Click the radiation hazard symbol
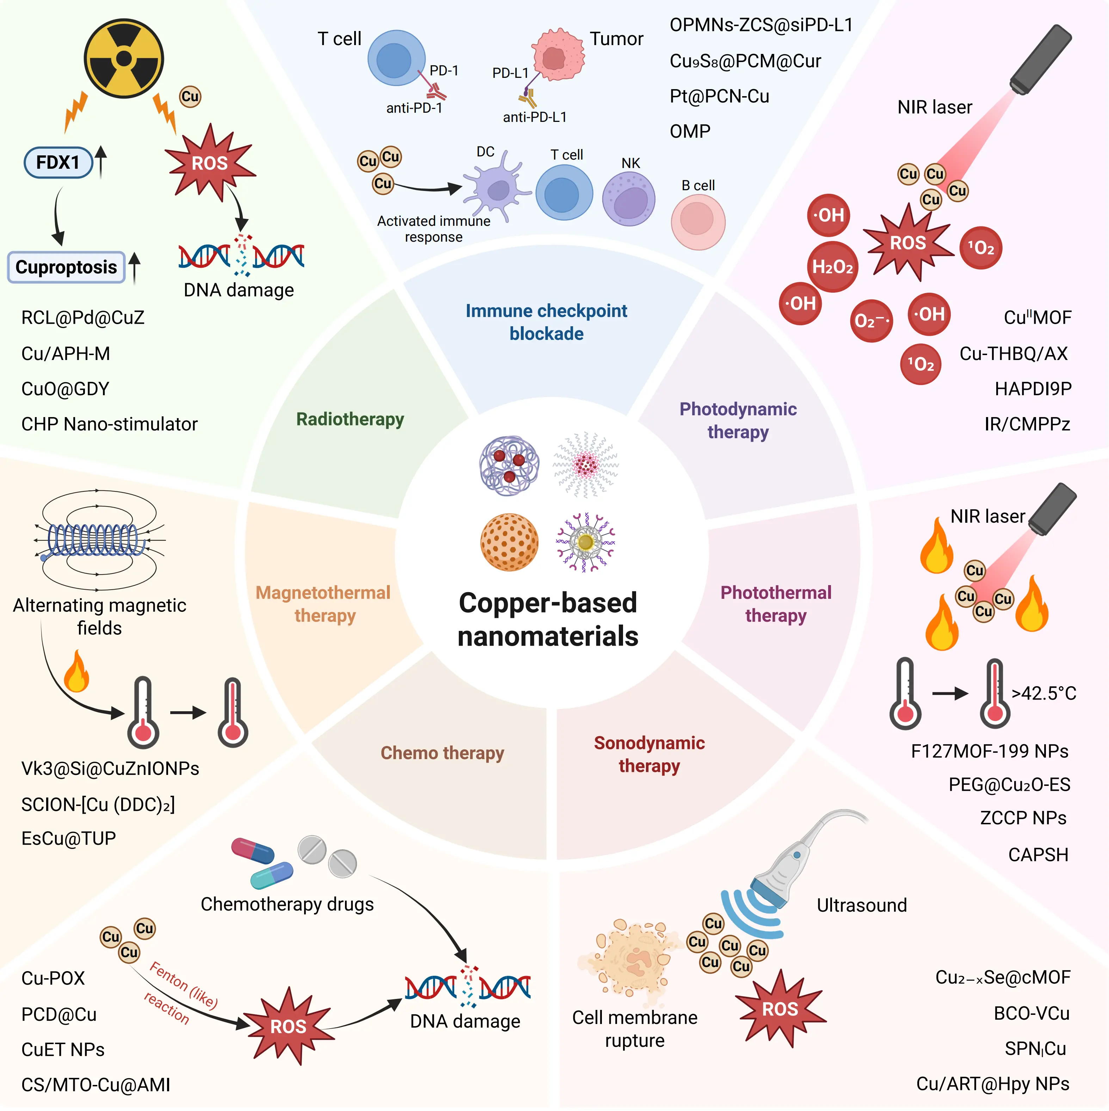(x=124, y=59)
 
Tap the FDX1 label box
(x=58, y=163)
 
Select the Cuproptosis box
(x=66, y=267)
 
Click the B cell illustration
(x=698, y=222)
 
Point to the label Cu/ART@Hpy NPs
(x=992, y=1084)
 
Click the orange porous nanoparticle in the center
(x=509, y=542)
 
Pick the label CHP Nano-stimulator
(x=109, y=424)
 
